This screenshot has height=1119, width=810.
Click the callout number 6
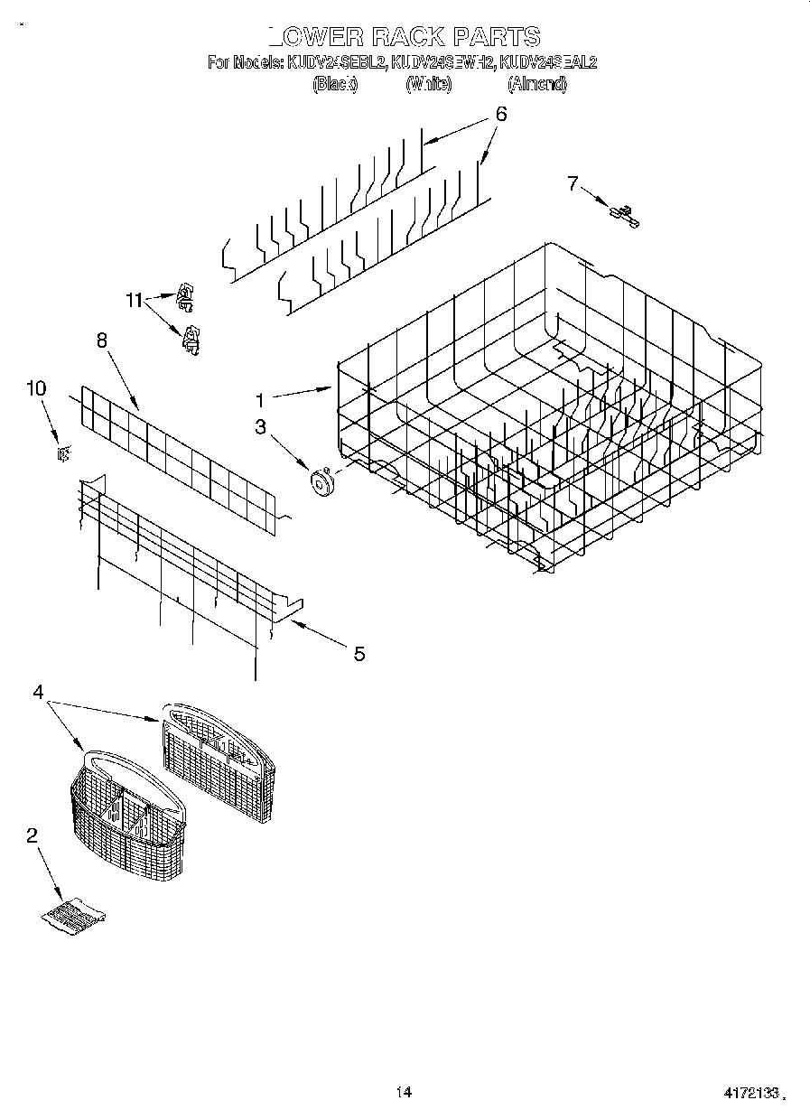[x=500, y=115]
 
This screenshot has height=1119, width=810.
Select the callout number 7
[x=572, y=183]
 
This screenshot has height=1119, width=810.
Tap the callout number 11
[x=135, y=302]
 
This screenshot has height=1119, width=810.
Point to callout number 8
[x=101, y=340]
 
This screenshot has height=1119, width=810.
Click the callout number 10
[x=36, y=388]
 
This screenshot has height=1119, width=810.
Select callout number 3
[x=260, y=427]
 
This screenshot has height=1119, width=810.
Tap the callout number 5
[x=358, y=654]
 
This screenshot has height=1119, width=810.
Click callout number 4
[x=38, y=692]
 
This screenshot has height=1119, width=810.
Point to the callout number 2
[x=33, y=836]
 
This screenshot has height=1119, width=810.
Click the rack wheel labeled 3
[x=321, y=483]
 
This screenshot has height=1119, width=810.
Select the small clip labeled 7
[x=623, y=215]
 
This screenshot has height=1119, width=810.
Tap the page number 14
[x=404, y=1093]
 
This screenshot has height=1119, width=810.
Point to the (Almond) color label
[x=537, y=84]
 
